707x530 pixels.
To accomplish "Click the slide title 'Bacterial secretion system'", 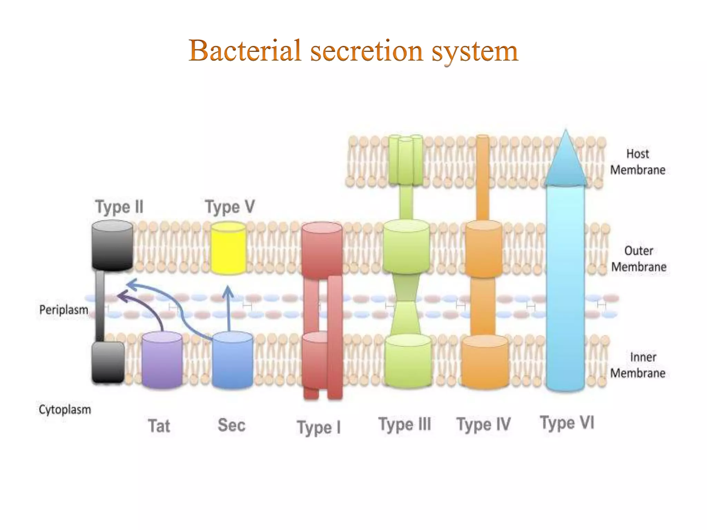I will click(x=353, y=51).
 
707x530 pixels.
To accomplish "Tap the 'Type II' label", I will click(x=119, y=207).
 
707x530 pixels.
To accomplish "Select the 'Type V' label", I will click(x=230, y=207).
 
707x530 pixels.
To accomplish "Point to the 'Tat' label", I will click(x=159, y=425).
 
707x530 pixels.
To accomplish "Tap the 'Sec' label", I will click(x=231, y=425).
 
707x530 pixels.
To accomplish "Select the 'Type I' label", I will click(x=319, y=427).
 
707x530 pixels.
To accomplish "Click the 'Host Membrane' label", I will click(x=638, y=162).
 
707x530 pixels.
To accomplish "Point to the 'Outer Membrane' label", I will click(x=639, y=259).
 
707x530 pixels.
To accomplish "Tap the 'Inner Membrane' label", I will click(x=638, y=365).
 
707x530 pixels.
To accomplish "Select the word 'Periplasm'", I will click(x=64, y=310).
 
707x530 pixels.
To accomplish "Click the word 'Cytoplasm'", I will click(x=65, y=410).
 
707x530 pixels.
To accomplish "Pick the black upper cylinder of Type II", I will click(x=112, y=245).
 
